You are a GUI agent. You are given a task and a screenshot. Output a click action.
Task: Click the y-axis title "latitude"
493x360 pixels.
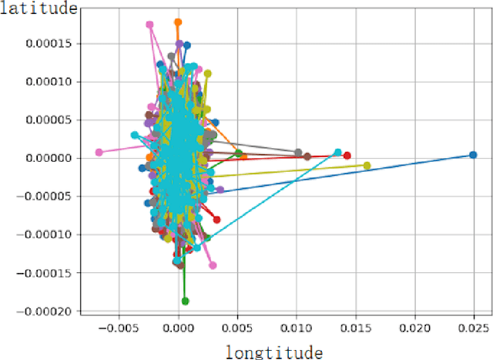[39, 8]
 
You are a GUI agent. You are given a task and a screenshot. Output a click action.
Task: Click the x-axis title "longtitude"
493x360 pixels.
[273, 352]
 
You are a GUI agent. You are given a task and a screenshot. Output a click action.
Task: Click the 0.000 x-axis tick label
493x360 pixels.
[179, 328]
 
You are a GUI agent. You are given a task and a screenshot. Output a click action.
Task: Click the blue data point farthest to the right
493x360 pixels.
[474, 155]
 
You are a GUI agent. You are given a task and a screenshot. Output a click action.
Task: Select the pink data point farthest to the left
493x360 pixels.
[99, 153]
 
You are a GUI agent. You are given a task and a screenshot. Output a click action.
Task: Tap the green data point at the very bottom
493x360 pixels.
[185, 301]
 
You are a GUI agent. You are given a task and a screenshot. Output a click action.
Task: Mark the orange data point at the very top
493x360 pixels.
[178, 22]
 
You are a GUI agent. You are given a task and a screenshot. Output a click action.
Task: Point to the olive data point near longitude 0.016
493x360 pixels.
[367, 166]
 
